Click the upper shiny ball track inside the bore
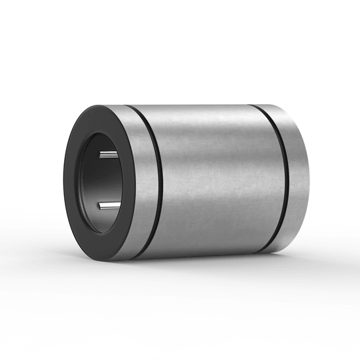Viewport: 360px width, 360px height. pos(109,154)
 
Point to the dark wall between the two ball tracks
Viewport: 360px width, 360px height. pos(105,181)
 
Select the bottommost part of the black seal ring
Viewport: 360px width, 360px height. pos(105,258)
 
